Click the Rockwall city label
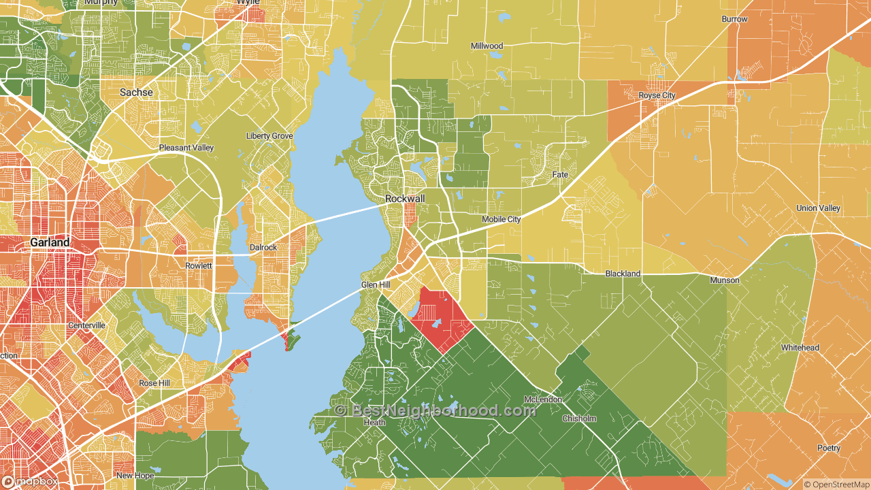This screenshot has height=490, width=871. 405,198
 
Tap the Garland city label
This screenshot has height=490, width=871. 50,242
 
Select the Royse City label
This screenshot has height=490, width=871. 657,95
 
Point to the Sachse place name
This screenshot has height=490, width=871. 136,92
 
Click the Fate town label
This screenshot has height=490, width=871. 559,175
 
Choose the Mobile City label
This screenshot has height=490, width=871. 501,219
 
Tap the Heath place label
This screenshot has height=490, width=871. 374,423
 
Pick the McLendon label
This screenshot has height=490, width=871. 542,399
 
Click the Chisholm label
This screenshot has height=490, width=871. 579,419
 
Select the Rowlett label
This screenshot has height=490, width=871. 199,265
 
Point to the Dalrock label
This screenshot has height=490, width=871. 263,248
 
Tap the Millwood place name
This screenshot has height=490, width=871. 487,46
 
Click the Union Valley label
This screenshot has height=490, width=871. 818,208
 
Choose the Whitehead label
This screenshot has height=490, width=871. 800,348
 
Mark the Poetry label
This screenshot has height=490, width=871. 829,448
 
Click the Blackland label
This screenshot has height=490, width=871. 623,274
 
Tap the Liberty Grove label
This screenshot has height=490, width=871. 269,136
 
